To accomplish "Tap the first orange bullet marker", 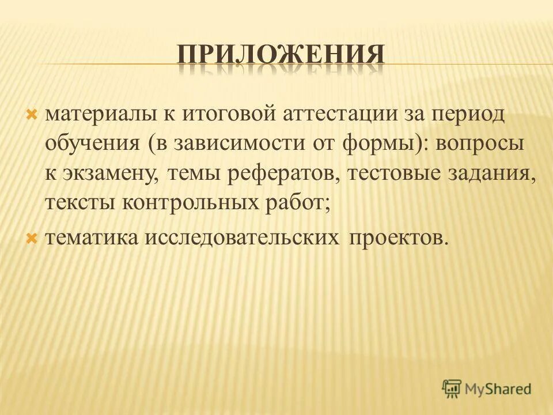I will (x=32, y=114).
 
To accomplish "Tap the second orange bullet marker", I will (x=32, y=237).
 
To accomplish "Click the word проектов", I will (x=397, y=237).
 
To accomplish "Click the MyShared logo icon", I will (x=452, y=389).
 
